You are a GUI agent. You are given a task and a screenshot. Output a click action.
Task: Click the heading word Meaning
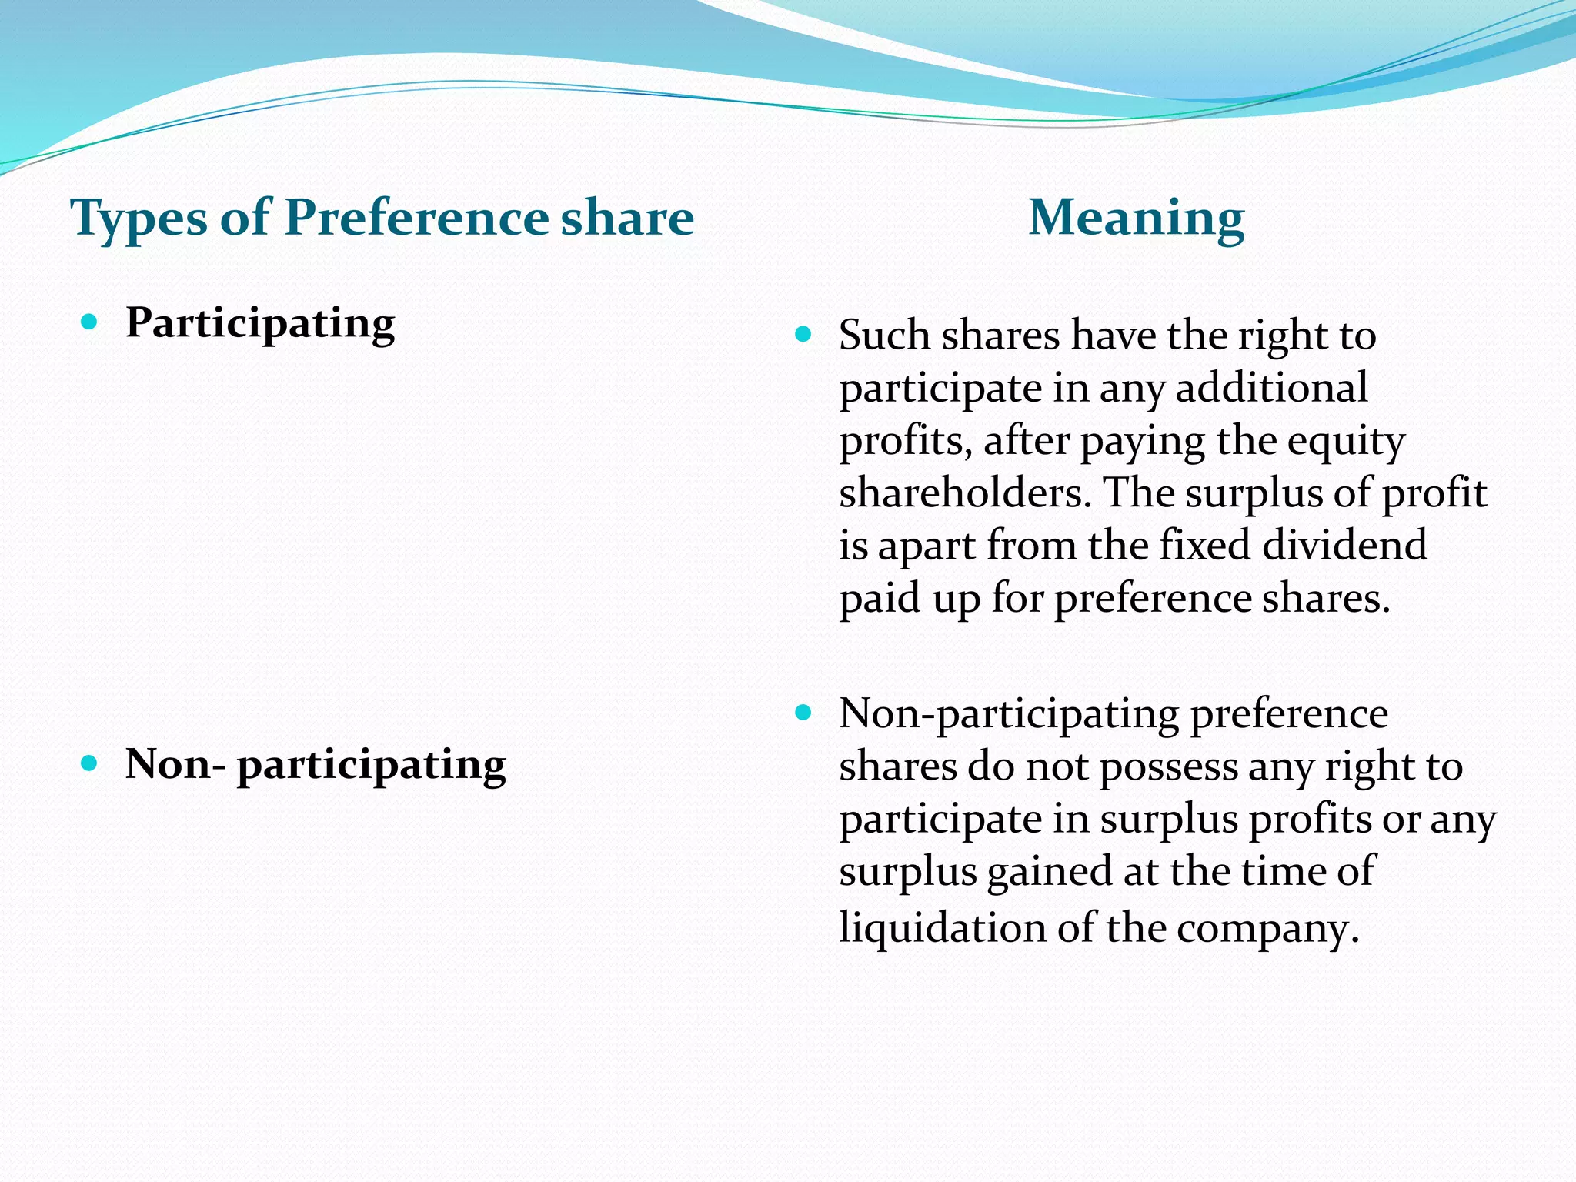1136,218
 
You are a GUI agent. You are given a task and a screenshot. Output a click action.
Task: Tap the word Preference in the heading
416,218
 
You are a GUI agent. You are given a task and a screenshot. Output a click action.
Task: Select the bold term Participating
260,323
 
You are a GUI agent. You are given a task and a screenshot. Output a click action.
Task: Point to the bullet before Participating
90,322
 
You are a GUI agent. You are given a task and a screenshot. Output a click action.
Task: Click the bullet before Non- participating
90,763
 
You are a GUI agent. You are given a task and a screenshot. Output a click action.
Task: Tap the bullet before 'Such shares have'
803,334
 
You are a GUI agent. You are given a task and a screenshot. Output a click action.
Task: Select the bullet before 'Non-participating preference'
803,713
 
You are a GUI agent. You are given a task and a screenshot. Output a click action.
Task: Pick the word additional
1271,387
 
